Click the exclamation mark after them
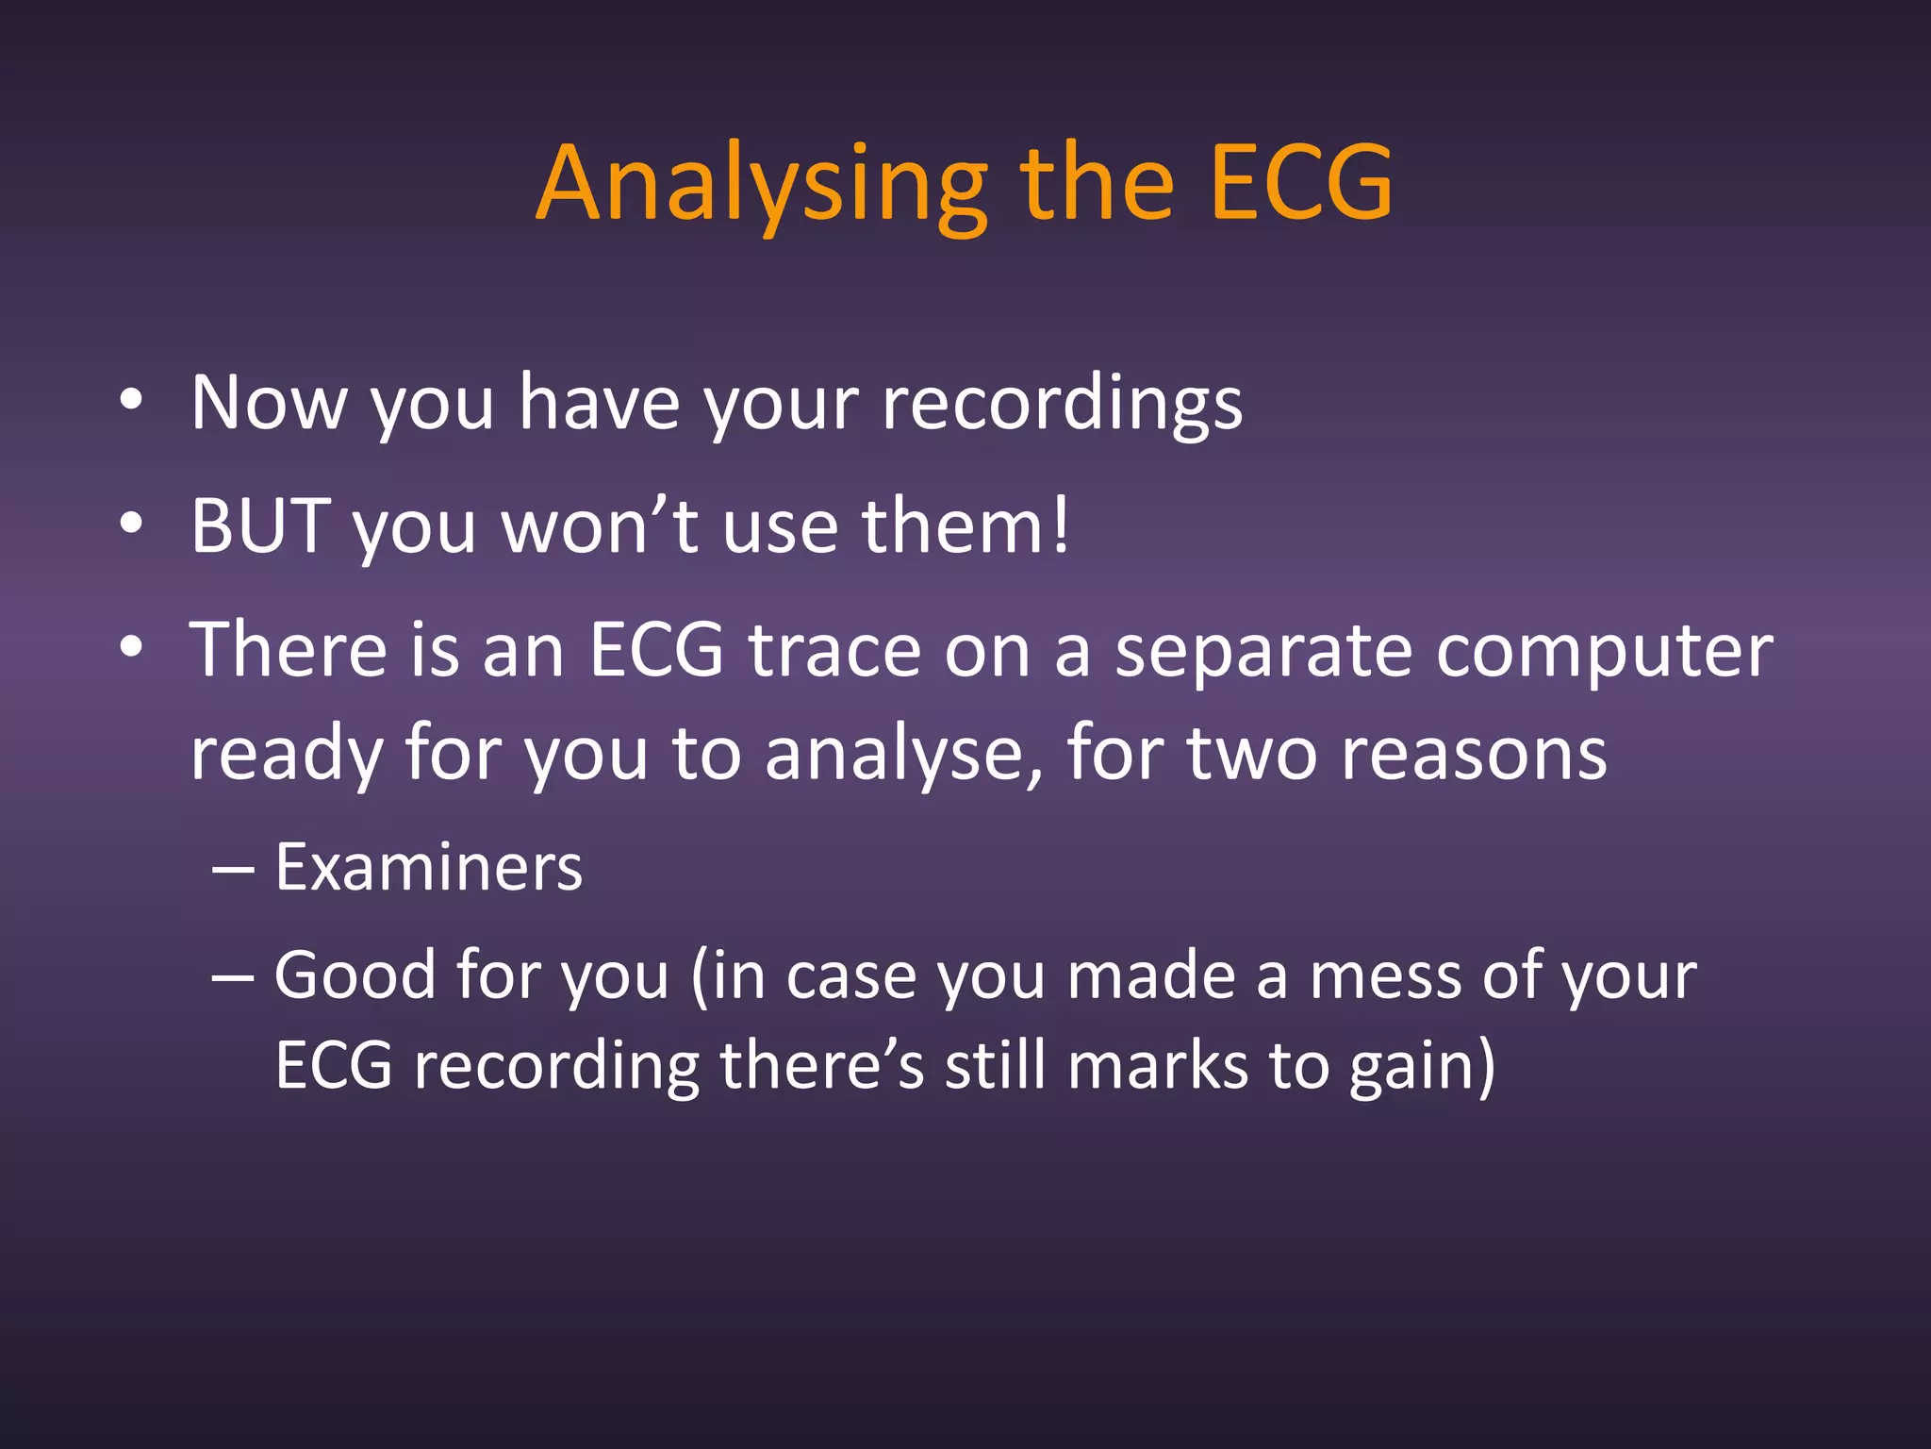[x=1061, y=525]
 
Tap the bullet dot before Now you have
[x=132, y=401]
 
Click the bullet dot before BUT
[x=132, y=524]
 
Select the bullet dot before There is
[x=132, y=648]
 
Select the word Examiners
[x=428, y=867]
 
